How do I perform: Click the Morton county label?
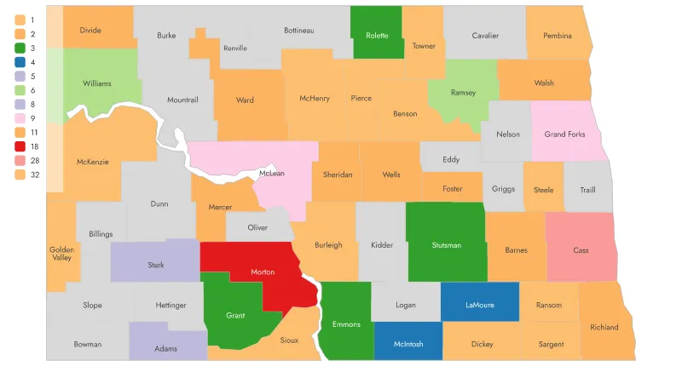tap(263, 272)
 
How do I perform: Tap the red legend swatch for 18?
tap(19, 146)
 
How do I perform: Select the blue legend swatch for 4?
tap(19, 62)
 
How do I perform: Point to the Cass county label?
tap(581, 250)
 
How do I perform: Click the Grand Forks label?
tap(564, 134)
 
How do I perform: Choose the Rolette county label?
tap(376, 36)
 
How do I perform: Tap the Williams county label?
tap(97, 83)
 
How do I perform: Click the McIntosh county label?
tap(408, 345)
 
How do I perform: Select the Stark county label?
tap(155, 266)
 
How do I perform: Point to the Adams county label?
tap(166, 349)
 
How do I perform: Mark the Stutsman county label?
tap(446, 245)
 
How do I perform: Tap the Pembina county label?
tap(557, 36)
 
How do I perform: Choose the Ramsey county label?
tap(463, 93)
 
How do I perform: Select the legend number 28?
tap(34, 160)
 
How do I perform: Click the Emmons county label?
tap(346, 324)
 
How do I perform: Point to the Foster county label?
tap(453, 189)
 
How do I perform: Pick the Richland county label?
tap(604, 327)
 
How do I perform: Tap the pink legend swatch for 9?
tap(19, 117)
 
